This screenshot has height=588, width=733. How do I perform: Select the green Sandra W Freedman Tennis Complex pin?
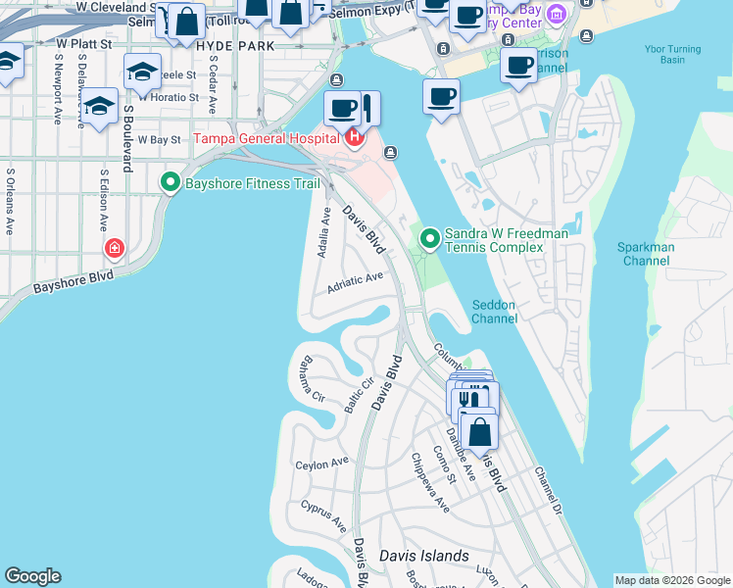pos(429,237)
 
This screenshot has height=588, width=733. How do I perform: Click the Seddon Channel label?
pos(494,312)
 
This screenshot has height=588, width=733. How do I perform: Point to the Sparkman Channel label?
pos(646,254)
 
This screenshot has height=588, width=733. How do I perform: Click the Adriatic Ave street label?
pos(355,280)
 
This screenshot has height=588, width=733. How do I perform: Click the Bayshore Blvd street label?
pos(73,282)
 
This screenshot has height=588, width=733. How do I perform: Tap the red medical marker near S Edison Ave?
pos(116,249)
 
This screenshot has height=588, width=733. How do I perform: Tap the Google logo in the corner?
pos(32,576)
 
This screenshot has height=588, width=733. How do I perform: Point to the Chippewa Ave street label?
pos(430,483)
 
